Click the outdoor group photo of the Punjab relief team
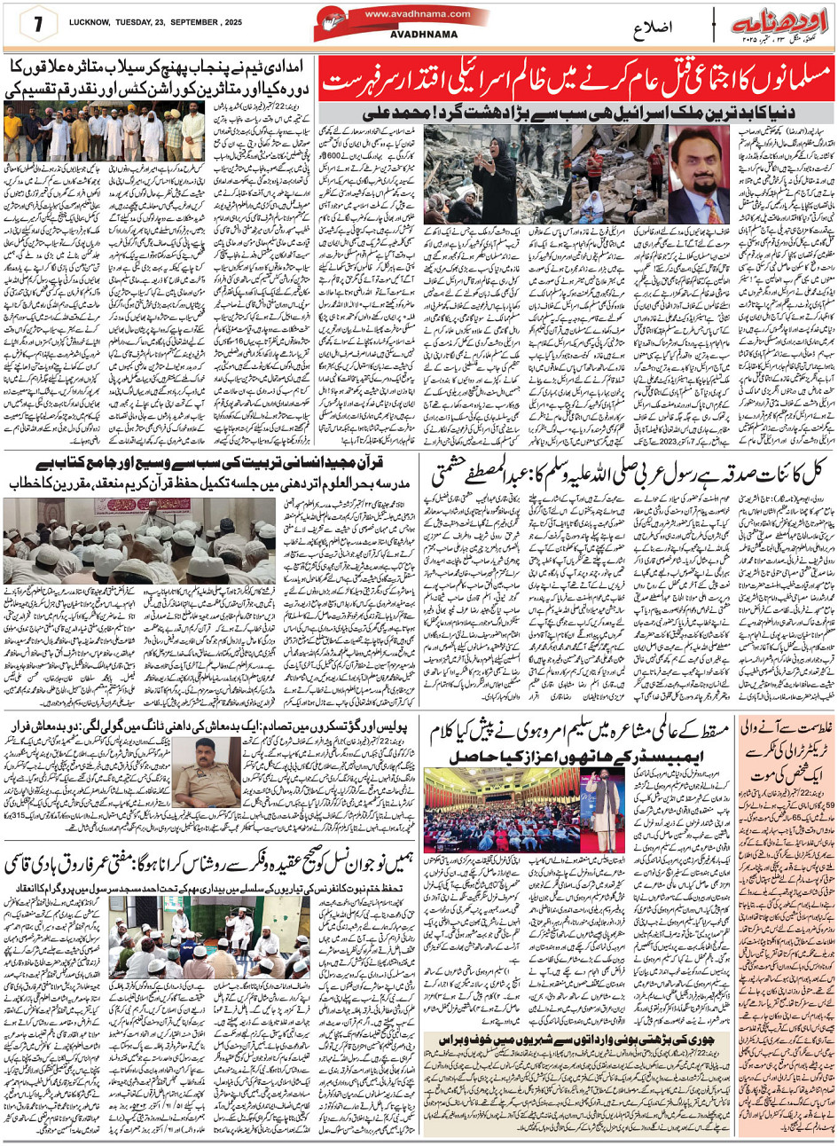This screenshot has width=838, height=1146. [x=106, y=131]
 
